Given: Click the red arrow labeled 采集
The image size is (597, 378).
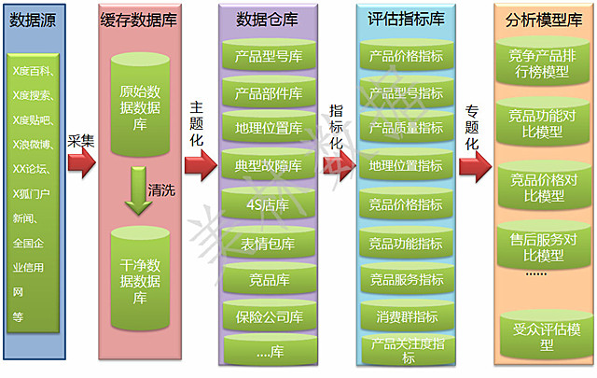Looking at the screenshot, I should [80, 164].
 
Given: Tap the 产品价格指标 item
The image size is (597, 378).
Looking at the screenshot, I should [407, 56].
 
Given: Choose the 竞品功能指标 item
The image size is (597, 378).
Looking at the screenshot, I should [407, 244].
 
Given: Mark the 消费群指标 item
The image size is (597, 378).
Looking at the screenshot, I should [407, 315].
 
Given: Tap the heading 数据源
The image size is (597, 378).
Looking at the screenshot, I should [33, 20].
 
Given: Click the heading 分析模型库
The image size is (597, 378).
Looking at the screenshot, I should [544, 20].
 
